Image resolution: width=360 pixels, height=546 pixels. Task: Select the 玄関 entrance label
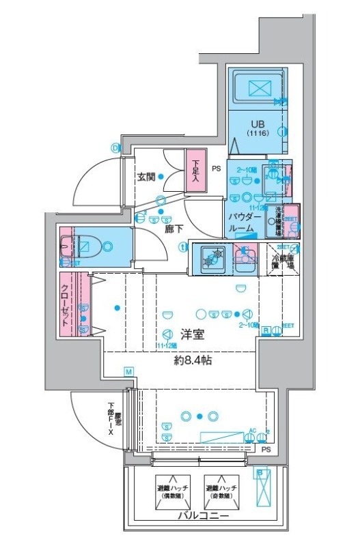(146, 177)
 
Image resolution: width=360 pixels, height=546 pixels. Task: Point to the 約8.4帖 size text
(191, 360)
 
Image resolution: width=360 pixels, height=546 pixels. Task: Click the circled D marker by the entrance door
(115, 146)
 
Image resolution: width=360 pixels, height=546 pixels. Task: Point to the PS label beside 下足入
(216, 169)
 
